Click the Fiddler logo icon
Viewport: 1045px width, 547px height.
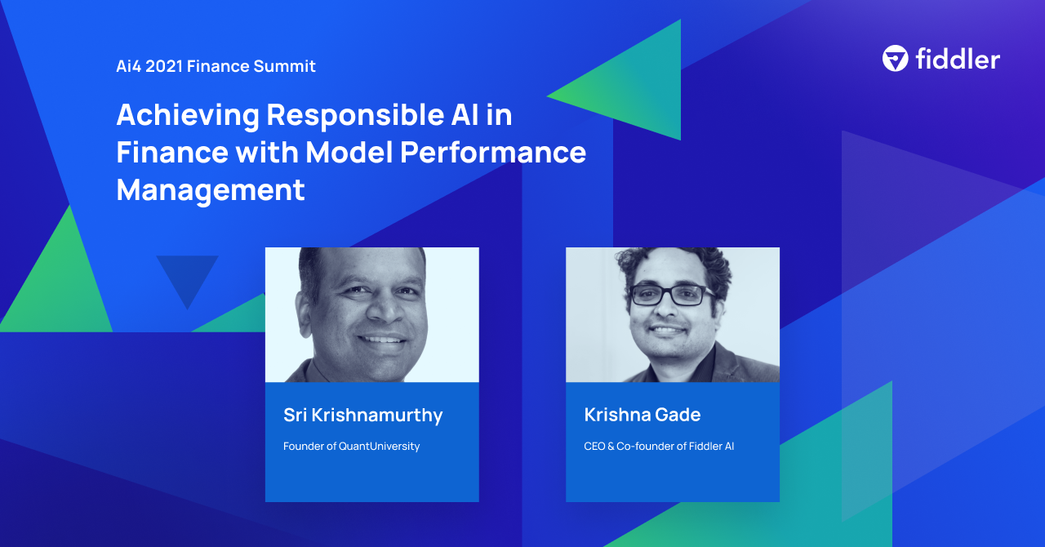pos(895,59)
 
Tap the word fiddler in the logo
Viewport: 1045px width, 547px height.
pos(957,59)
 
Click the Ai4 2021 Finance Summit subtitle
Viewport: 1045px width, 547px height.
pos(216,66)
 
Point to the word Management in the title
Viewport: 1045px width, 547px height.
pos(211,189)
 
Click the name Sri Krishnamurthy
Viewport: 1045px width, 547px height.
pos(362,415)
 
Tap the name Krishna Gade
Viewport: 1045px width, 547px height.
pos(642,415)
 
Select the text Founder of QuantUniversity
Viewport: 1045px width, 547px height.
pos(351,447)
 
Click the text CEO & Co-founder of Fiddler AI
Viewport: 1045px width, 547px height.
pos(659,447)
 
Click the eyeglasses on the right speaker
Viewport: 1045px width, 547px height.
pos(671,296)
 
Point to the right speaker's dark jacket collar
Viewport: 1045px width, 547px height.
pos(718,363)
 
